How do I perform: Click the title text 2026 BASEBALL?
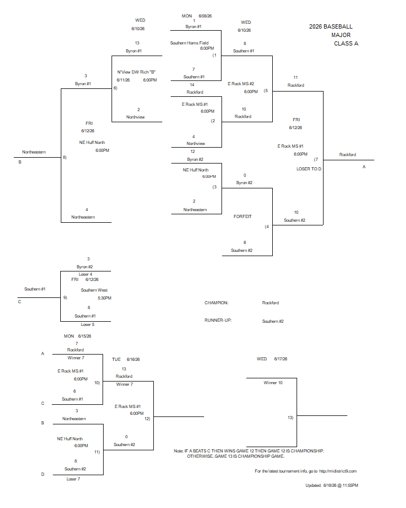click(x=330, y=26)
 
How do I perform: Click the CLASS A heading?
click(x=346, y=43)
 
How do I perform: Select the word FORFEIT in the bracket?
click(x=243, y=216)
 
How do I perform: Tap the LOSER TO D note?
click(x=309, y=169)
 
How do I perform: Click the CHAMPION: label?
click(x=216, y=303)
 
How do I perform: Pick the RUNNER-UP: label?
click(x=218, y=320)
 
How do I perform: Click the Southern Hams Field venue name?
click(x=189, y=43)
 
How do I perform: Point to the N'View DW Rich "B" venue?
click(x=136, y=72)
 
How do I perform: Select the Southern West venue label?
click(x=94, y=290)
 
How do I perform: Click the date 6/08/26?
click(x=205, y=16)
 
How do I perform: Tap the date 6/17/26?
click(x=281, y=359)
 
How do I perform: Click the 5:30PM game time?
click(x=105, y=298)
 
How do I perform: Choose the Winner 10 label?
click(x=273, y=383)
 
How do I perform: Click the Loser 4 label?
click(x=86, y=274)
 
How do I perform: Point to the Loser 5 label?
click(x=87, y=324)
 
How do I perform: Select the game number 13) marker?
click(x=290, y=418)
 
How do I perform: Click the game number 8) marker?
click(x=64, y=157)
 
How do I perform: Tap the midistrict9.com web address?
click(x=338, y=471)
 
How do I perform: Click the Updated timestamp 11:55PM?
click(x=350, y=485)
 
